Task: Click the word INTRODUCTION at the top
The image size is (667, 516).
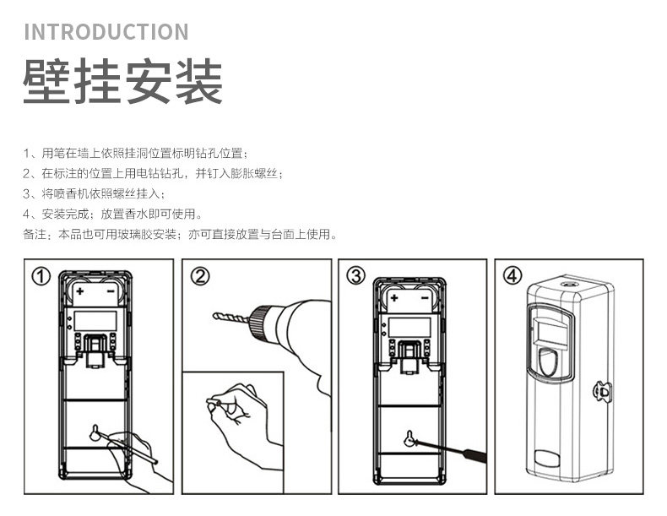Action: tap(106, 33)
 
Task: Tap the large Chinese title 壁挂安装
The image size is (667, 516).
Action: tap(122, 82)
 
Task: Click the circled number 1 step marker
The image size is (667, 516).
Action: tap(41, 276)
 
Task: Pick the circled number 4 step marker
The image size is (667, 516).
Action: tap(513, 276)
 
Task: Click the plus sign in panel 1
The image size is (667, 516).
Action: tap(80, 291)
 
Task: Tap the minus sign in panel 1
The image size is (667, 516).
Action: tap(111, 291)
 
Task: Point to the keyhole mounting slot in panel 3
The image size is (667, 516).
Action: tap(409, 438)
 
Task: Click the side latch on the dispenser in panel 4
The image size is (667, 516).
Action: tap(602, 391)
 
